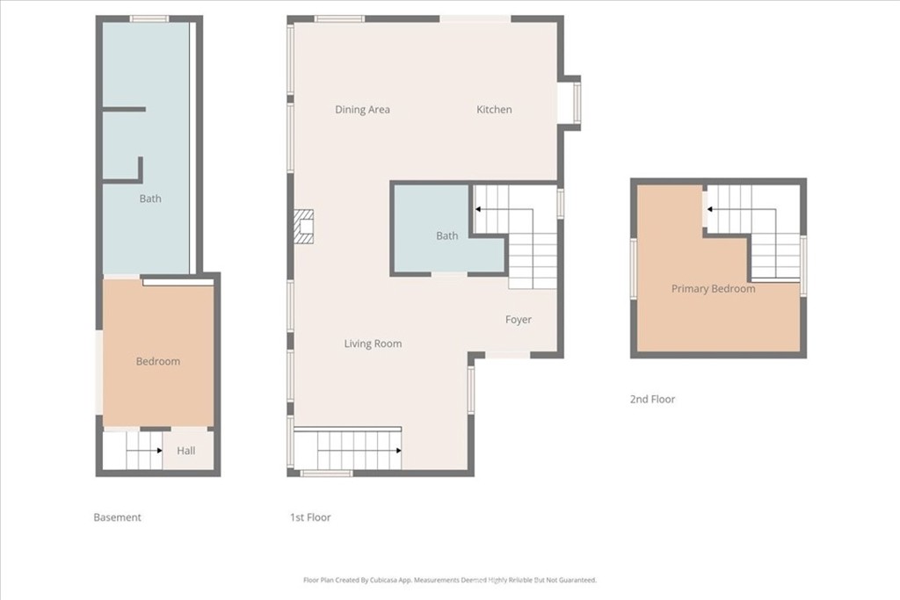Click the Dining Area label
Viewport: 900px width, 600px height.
(x=362, y=110)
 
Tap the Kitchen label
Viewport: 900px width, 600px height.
(x=494, y=109)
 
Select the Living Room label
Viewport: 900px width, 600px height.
(x=373, y=343)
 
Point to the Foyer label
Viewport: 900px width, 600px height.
(x=519, y=320)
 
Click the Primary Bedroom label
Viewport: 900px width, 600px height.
(x=714, y=288)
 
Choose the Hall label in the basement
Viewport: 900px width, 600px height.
(x=186, y=451)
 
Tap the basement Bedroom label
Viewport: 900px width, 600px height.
(x=158, y=361)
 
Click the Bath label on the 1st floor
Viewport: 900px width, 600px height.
(x=447, y=235)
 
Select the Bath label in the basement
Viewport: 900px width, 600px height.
(x=150, y=199)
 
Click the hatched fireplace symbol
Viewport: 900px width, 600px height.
(x=303, y=227)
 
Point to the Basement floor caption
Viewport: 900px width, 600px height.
(x=117, y=517)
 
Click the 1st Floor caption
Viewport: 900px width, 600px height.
(x=310, y=517)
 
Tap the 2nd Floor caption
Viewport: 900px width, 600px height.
(x=653, y=399)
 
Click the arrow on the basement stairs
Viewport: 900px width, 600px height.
(x=144, y=451)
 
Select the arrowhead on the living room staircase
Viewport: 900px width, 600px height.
(x=398, y=451)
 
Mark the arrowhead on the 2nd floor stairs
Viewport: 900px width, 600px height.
(x=710, y=209)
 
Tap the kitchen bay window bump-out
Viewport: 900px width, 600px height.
(x=571, y=103)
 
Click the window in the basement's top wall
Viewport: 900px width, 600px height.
(x=149, y=19)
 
